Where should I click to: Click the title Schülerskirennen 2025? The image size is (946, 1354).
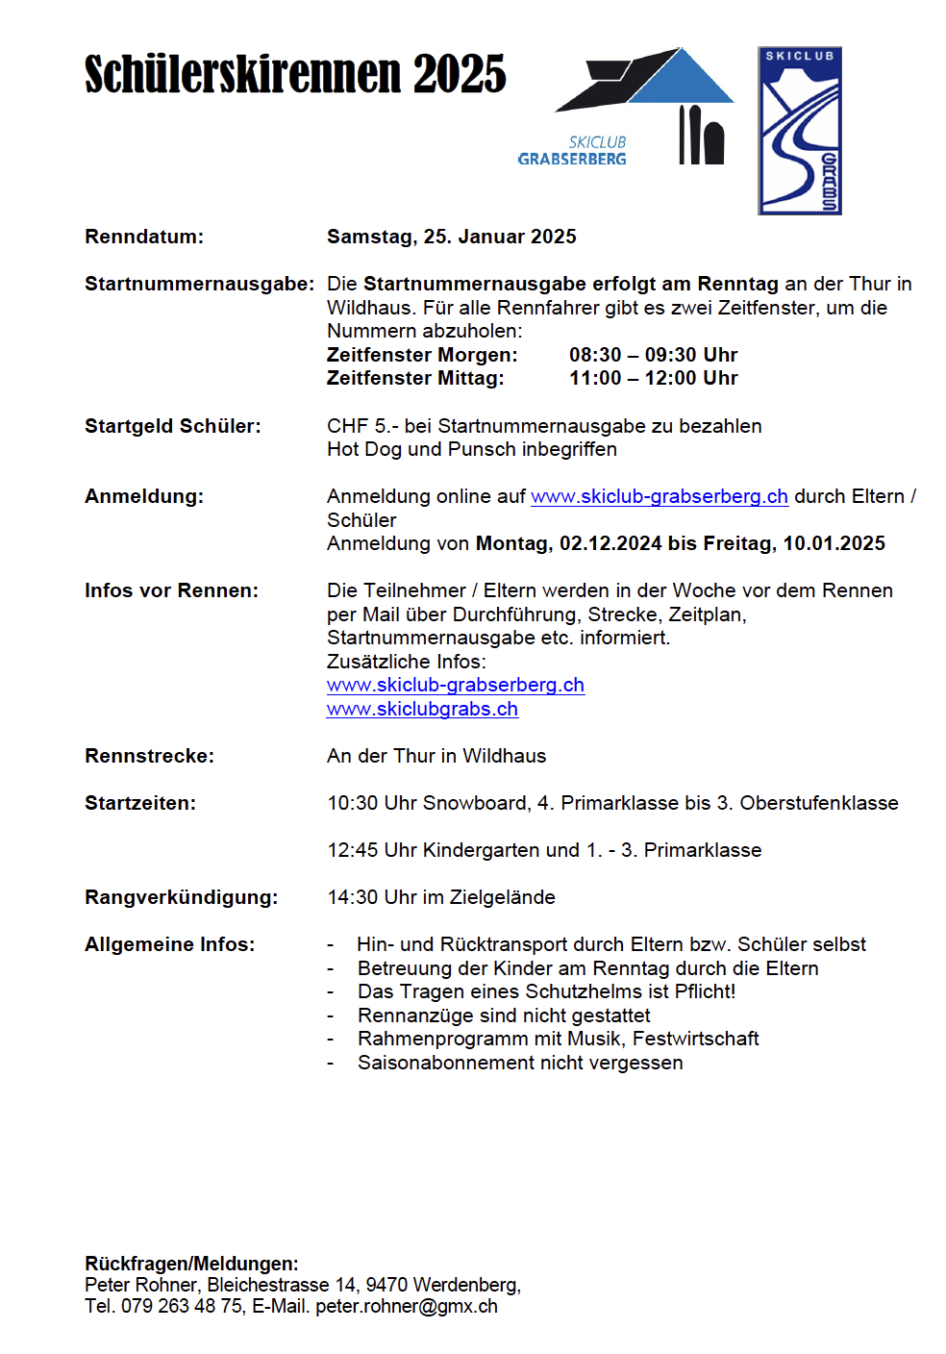click(295, 75)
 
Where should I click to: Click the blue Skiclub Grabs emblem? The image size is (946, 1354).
click(799, 131)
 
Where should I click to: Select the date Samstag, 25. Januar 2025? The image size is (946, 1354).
click(451, 237)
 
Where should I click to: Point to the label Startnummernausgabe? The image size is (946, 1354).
click(199, 284)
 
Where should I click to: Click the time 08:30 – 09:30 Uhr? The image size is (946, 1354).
click(653, 355)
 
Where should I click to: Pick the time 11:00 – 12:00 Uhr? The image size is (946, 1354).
click(653, 378)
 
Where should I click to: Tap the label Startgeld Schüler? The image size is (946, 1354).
click(172, 426)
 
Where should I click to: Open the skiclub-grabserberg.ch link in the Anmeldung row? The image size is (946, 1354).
click(659, 496)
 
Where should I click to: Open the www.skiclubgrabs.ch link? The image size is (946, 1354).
click(422, 709)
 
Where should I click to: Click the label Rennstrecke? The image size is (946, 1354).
click(149, 756)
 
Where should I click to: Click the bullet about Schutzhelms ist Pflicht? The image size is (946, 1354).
click(545, 991)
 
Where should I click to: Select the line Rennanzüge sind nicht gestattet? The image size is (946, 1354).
click(503, 1015)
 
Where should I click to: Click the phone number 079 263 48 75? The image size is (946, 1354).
click(182, 1306)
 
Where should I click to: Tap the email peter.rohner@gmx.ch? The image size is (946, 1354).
click(406, 1306)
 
